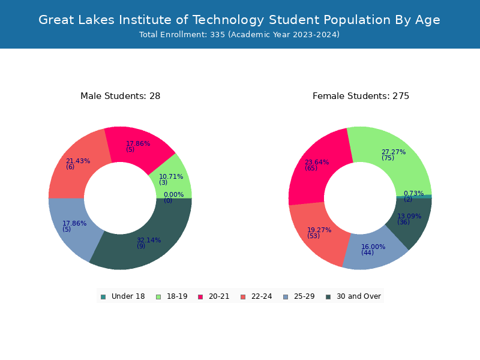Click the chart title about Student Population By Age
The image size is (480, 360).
point(239,20)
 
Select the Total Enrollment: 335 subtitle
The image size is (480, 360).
point(239,35)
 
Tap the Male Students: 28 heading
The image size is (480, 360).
point(121,96)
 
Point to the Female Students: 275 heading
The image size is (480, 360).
point(361,96)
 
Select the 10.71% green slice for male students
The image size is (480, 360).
point(173,179)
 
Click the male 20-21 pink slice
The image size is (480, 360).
point(138,145)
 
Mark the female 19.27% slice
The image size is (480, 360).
point(319,234)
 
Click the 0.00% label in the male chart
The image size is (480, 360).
point(173,194)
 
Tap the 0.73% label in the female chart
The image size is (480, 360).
point(413,193)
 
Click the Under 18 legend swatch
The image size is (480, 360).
point(103,297)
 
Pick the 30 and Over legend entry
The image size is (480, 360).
point(353,296)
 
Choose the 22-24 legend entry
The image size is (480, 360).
point(257,296)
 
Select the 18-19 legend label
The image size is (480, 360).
point(177,296)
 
